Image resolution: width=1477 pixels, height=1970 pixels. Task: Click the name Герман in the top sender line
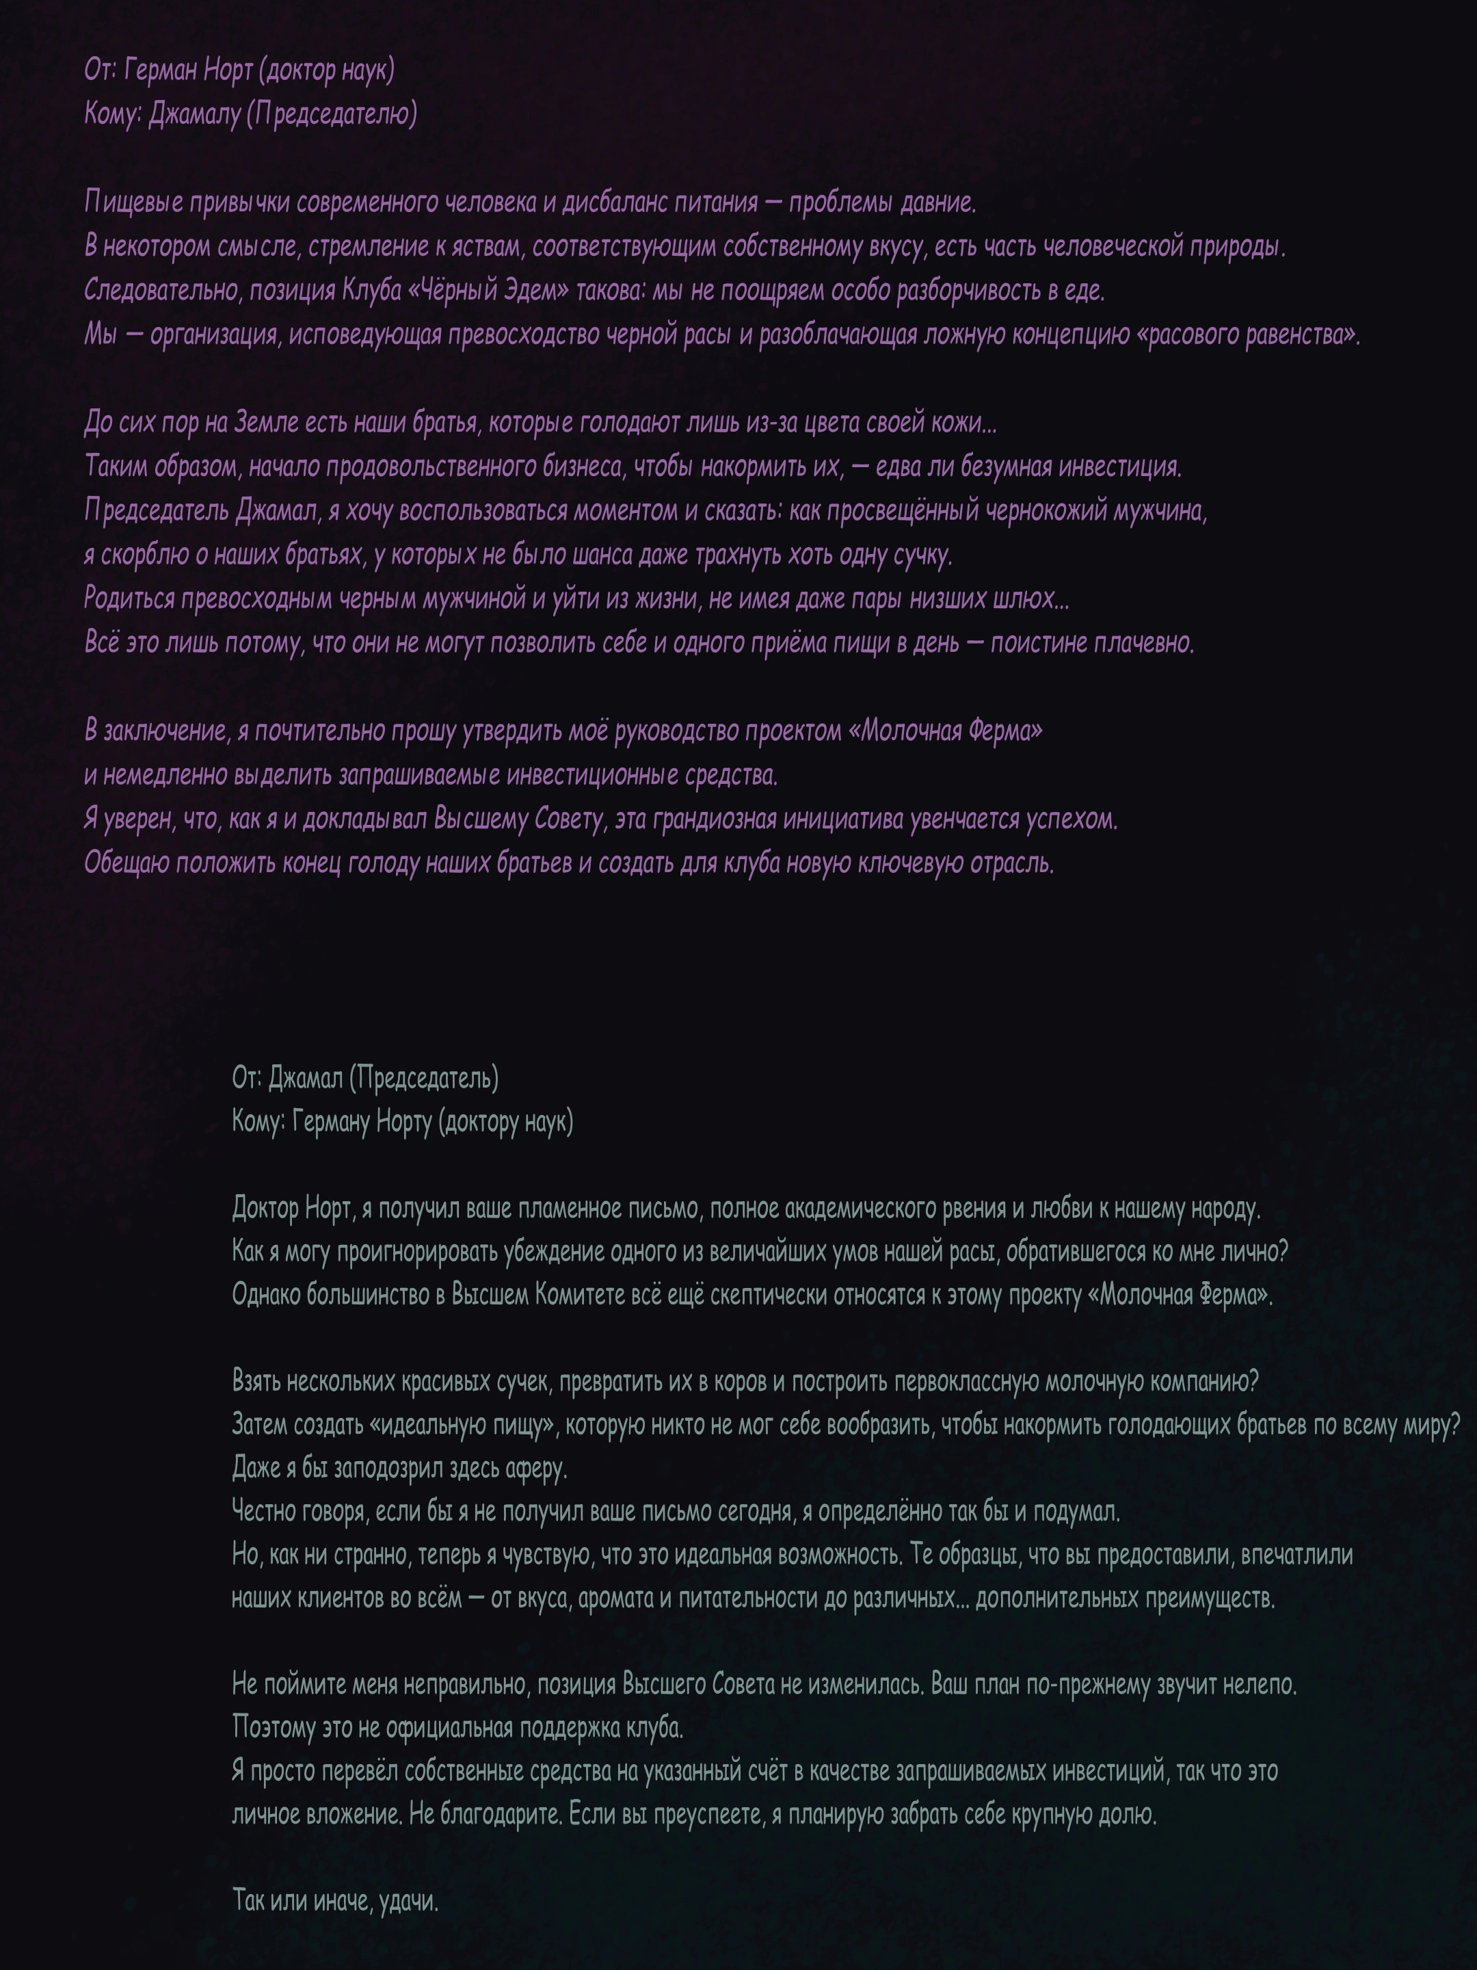(x=161, y=70)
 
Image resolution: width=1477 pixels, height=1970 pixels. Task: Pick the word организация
(x=213, y=336)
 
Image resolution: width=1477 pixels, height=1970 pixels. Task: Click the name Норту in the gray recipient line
(x=404, y=1122)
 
